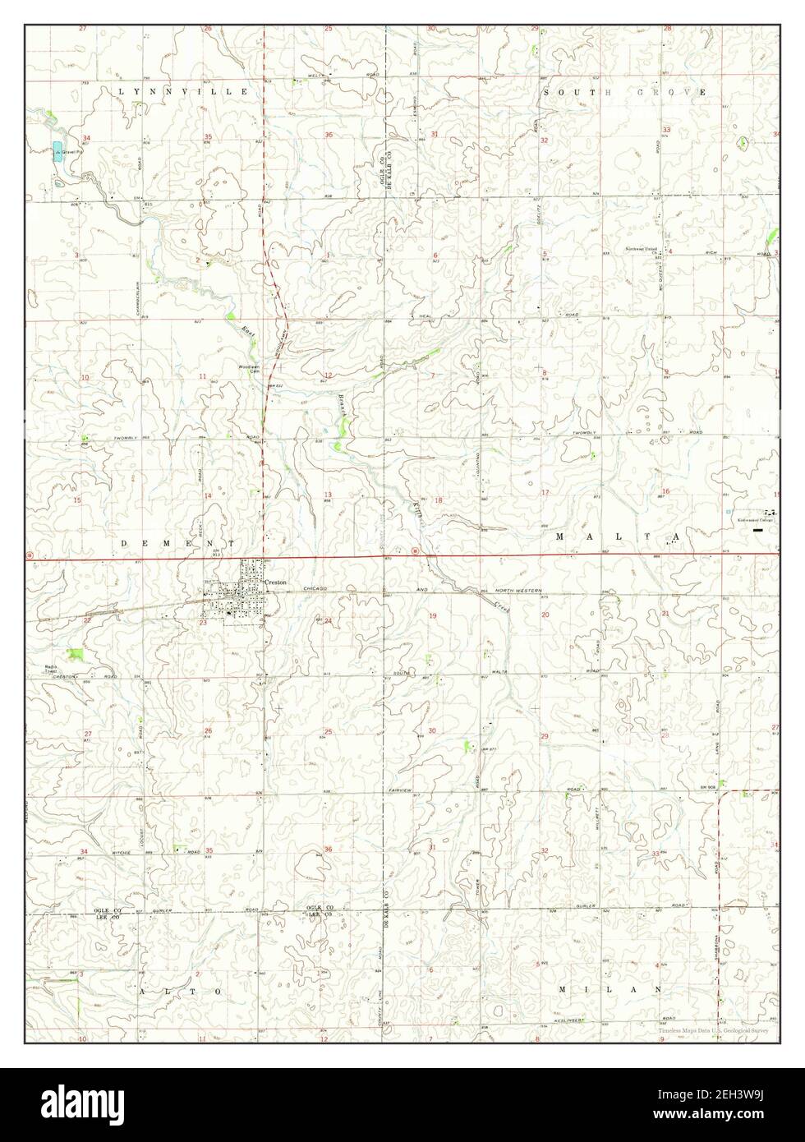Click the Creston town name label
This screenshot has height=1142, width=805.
274,582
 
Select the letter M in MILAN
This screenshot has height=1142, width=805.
563,988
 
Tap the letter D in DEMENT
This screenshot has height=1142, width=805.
126,543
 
